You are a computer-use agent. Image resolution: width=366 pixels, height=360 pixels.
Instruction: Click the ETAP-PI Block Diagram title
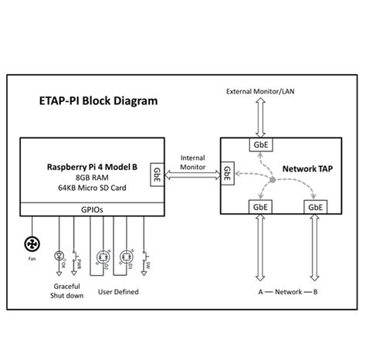click(x=98, y=101)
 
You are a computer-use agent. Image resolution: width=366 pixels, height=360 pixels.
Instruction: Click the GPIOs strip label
click(x=91, y=209)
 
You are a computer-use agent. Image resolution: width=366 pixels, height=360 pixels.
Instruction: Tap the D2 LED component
click(x=100, y=256)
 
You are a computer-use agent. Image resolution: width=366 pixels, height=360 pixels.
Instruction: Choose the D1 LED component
click(x=124, y=256)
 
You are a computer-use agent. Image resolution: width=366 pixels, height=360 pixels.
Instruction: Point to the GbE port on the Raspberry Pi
click(x=158, y=171)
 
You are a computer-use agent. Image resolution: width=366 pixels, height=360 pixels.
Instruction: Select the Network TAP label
click(x=308, y=168)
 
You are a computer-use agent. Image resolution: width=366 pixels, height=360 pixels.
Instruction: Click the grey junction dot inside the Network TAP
click(x=272, y=182)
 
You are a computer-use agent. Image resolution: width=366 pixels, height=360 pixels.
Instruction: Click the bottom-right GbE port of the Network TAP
click(x=315, y=207)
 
